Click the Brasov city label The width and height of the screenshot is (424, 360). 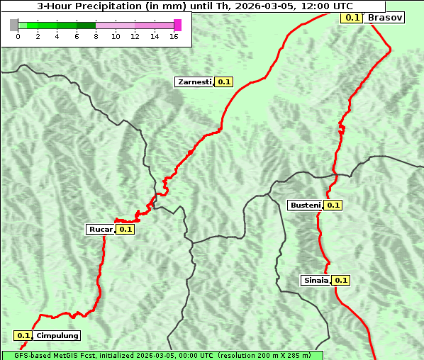coord(386,17)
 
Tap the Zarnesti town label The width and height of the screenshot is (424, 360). coord(194,82)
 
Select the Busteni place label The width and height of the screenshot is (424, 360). coord(306,206)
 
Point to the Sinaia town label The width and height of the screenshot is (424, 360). coord(316,280)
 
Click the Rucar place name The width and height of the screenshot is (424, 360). coord(101,229)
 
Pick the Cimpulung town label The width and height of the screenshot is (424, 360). coord(57,336)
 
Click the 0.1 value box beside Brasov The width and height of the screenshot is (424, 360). coord(352,17)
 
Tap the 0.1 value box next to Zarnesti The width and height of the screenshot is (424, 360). coord(224,82)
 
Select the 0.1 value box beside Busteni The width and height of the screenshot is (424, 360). coord(333,206)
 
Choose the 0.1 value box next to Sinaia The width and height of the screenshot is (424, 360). coord(341,280)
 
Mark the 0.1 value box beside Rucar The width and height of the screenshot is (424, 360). coord(125,229)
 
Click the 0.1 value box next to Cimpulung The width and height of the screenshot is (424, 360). coord(23,336)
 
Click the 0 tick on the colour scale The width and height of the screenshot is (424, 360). coord(18,36)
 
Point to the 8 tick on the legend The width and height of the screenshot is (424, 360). coord(96,36)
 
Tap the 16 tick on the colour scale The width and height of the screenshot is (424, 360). coord(174,36)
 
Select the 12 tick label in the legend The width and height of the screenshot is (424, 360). coord(135,36)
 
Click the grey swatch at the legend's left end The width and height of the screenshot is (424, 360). coord(14,25)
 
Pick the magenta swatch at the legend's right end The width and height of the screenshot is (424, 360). coord(177,25)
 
